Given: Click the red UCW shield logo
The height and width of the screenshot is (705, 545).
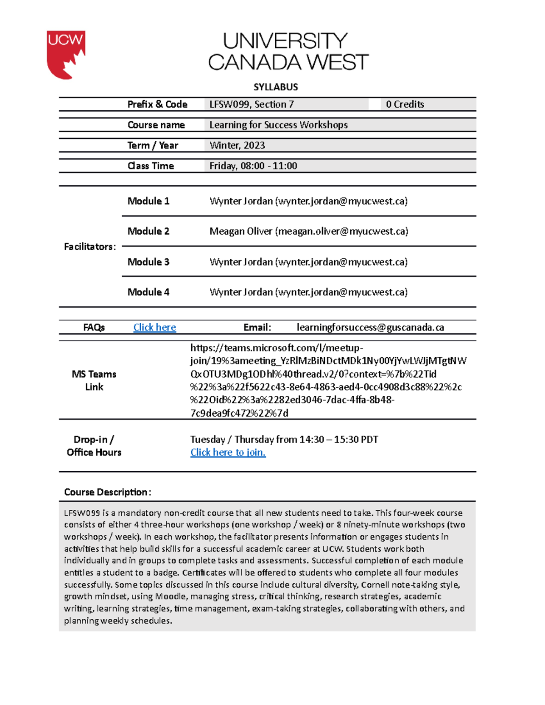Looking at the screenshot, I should (x=65, y=54).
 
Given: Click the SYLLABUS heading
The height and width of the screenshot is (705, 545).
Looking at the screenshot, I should (x=275, y=87).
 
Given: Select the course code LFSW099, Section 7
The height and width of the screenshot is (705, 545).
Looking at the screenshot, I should (x=251, y=104).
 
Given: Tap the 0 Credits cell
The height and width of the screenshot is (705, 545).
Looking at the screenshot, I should (x=405, y=104).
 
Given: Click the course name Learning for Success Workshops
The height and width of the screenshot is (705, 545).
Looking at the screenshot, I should (x=278, y=125).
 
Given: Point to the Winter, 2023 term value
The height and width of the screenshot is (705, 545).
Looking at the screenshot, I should (x=237, y=145).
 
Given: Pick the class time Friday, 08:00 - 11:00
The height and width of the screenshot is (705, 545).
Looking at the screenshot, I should (x=253, y=166).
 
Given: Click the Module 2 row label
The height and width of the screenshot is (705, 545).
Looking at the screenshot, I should (x=148, y=231).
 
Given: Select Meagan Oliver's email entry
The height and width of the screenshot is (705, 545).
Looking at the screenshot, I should (x=308, y=232).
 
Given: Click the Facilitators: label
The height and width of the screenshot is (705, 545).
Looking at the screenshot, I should (x=90, y=247).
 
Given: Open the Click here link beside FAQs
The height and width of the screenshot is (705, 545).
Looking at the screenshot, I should (x=154, y=327).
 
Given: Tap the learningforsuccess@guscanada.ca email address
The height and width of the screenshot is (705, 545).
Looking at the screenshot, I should (x=370, y=327).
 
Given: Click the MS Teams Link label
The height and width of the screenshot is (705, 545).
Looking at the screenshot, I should (x=94, y=380).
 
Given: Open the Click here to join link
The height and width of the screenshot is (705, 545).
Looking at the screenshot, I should (x=228, y=452).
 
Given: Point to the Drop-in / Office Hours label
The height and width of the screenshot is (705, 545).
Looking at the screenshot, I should (x=94, y=446).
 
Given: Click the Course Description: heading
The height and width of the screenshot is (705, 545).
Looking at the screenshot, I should (x=107, y=492).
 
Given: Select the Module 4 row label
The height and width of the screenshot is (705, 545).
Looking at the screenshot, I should (x=148, y=292).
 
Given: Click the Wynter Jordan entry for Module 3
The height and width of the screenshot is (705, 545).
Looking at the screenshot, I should (x=308, y=262).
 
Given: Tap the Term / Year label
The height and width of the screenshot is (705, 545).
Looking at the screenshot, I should (x=153, y=145).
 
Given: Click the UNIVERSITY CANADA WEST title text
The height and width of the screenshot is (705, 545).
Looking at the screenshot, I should (x=288, y=52).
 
